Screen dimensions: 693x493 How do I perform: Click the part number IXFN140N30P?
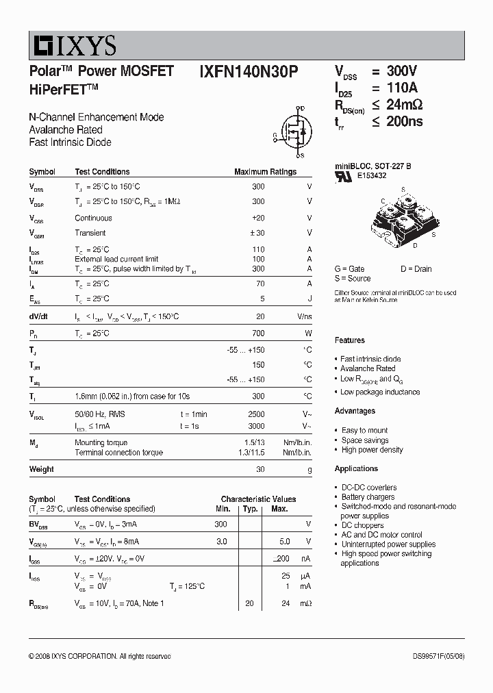coord(249,71)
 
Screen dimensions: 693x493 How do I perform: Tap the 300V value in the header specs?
coord(402,71)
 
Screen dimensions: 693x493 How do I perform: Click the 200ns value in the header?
coord(405,122)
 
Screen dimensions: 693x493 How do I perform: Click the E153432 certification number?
coord(371,175)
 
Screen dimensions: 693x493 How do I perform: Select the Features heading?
coord(350,340)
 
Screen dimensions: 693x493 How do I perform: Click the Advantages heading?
coord(355,411)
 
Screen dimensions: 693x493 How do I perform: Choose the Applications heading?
coord(356,468)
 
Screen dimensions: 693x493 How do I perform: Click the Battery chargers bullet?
coord(368,497)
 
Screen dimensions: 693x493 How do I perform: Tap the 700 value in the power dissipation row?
coord(257,333)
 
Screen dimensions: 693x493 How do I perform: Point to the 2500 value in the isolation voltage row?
coord(255,414)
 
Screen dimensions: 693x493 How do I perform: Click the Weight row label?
coord(42,469)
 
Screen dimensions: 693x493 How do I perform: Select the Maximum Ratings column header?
coord(265,172)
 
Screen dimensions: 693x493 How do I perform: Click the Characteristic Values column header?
coord(258,499)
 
